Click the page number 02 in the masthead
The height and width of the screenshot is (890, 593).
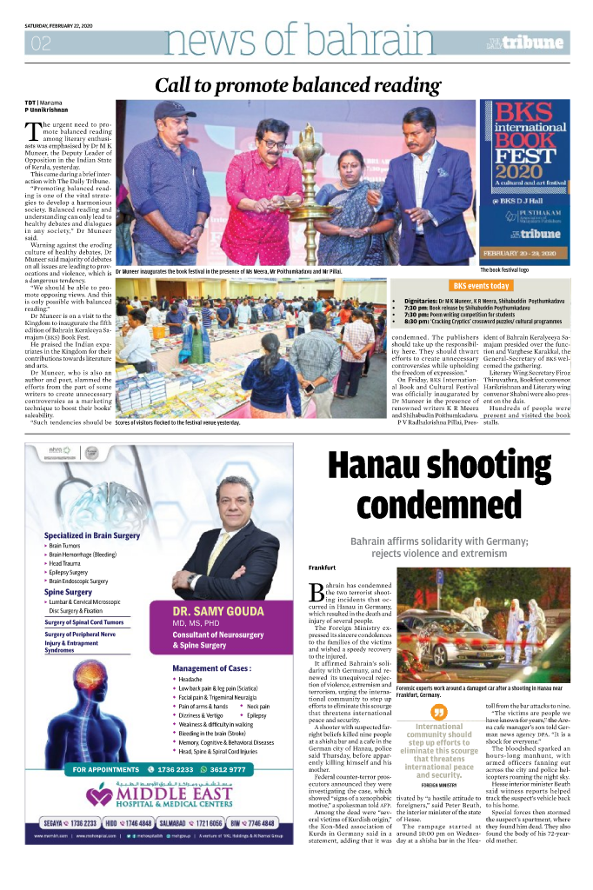40,43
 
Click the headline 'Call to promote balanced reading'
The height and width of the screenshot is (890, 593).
297,85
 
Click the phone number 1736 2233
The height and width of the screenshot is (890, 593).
177,769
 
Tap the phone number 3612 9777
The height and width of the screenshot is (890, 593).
228,769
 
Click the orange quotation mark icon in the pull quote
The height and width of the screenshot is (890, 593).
438,712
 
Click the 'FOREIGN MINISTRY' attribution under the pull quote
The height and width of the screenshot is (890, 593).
437,785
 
